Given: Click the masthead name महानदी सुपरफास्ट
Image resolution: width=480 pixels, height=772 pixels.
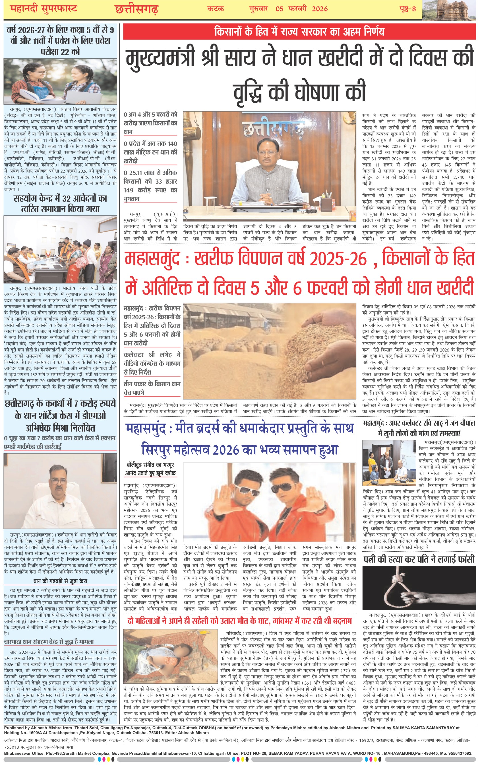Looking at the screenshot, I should (44, 9).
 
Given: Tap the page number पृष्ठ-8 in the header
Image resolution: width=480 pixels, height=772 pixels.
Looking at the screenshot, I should (407, 9).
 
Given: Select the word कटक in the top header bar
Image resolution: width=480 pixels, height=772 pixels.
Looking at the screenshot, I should (216, 9).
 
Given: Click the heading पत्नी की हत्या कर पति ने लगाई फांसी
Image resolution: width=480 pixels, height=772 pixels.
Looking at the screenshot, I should (419, 559).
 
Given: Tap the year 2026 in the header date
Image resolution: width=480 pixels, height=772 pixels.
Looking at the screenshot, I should (320, 9).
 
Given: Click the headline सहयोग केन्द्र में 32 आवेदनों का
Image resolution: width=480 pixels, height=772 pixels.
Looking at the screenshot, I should (60, 199).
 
